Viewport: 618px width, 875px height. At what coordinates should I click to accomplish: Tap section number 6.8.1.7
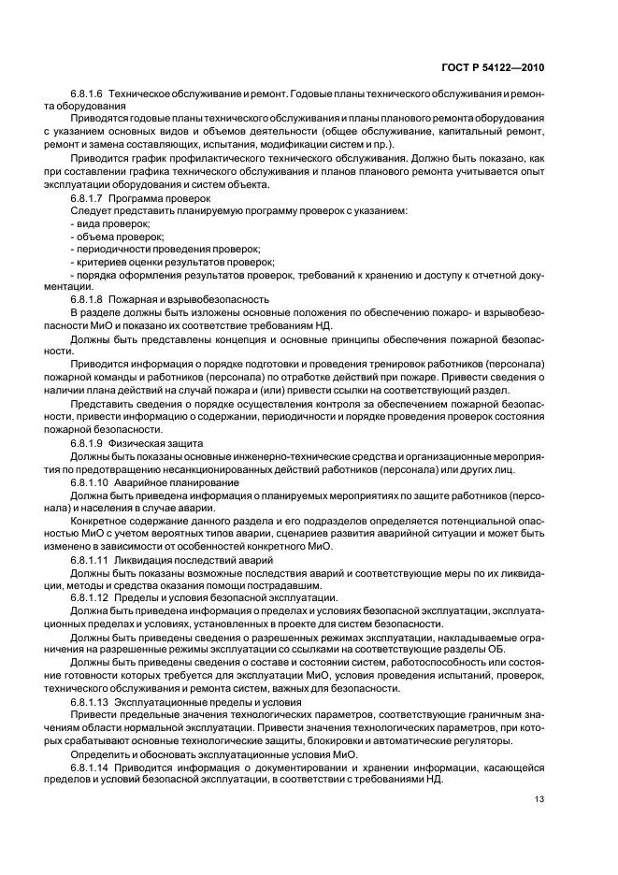(87, 199)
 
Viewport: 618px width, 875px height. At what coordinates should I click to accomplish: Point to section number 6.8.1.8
(87, 298)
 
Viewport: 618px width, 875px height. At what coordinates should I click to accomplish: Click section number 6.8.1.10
(90, 481)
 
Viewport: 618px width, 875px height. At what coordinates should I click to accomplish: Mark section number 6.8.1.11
(90, 558)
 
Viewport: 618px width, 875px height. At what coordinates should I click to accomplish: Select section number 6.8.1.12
(90, 597)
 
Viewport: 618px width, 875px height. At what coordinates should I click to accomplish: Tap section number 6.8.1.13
(90, 701)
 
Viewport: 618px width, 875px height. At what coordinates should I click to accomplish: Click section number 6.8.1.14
(90, 767)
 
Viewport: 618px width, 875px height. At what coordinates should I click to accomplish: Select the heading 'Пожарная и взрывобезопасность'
(189, 298)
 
